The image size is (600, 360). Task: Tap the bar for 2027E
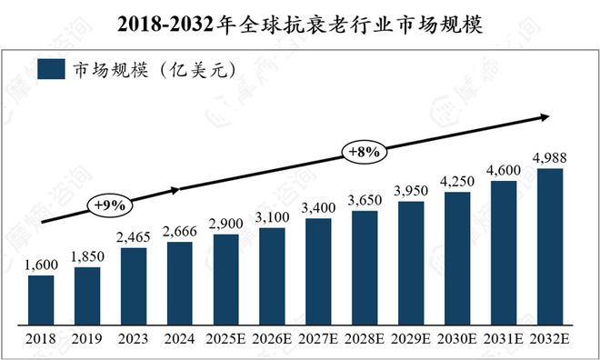pyautogui.click(x=319, y=274)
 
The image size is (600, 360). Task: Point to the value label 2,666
pyautogui.click(x=180, y=231)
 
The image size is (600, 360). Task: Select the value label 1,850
pyautogui.click(x=87, y=257)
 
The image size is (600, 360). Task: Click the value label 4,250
pyautogui.click(x=457, y=182)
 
